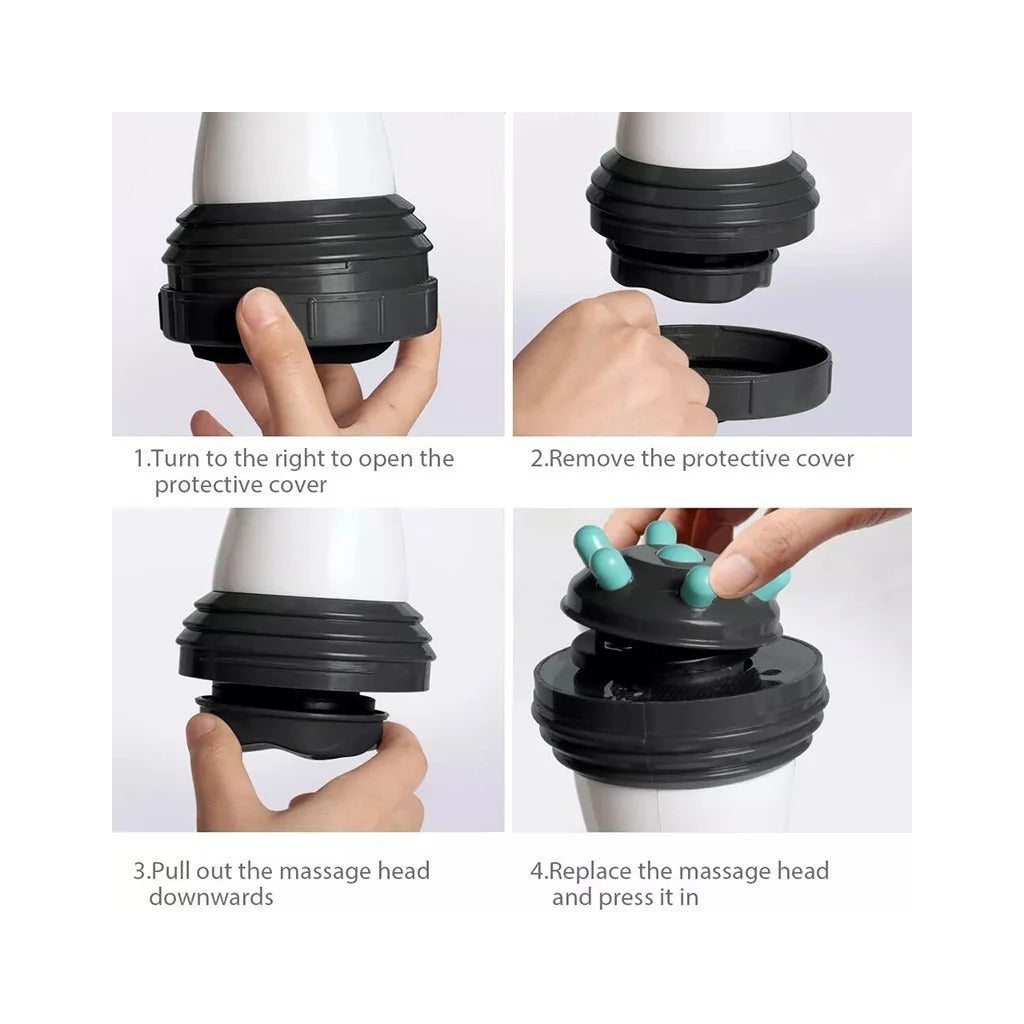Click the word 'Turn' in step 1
tap(176, 458)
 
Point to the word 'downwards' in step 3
tap(211, 897)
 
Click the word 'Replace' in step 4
tap(590, 871)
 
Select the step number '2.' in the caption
tap(539, 458)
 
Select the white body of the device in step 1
tap(294, 157)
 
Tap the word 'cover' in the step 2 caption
tap(824, 459)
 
